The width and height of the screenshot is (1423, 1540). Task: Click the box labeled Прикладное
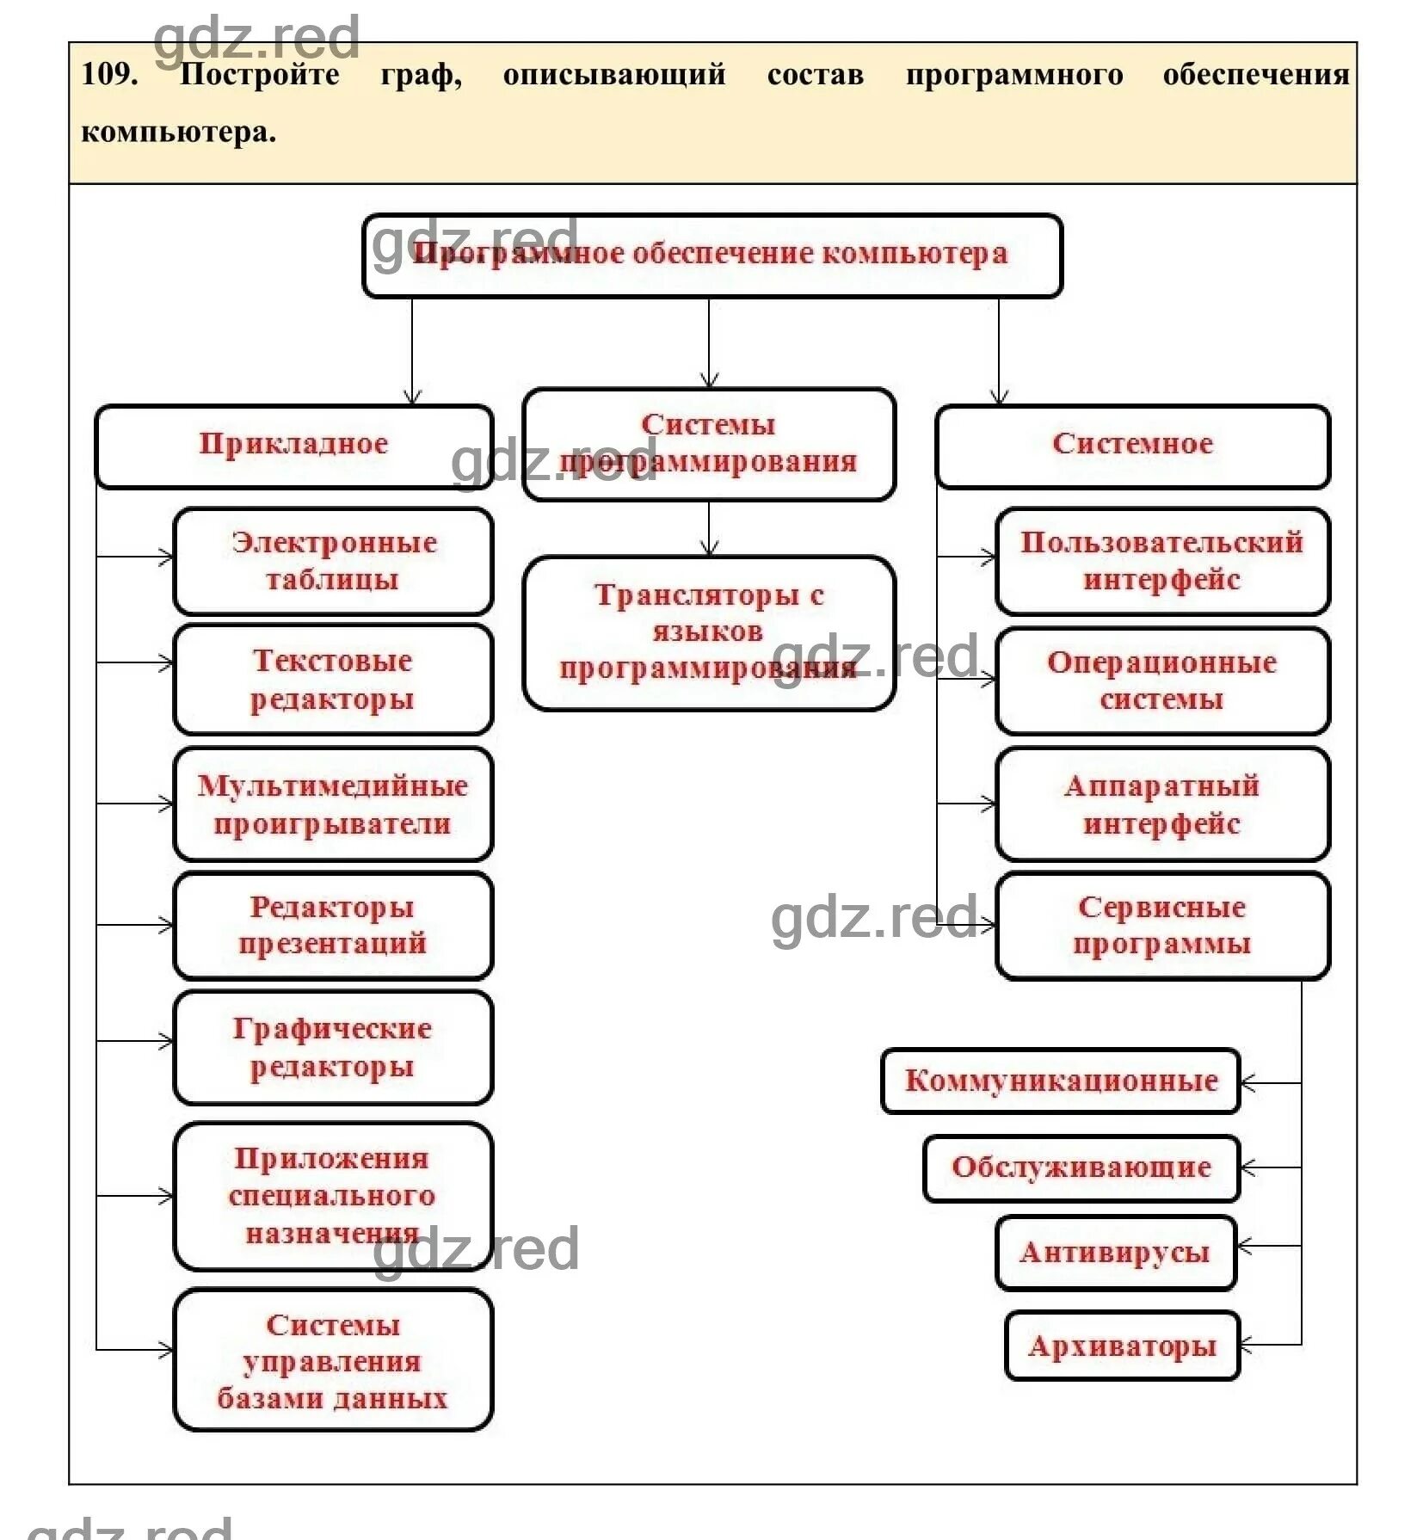pyautogui.click(x=293, y=446)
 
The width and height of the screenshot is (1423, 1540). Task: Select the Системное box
pyautogui.click(x=1132, y=446)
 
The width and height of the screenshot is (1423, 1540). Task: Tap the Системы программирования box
pyautogui.click(x=708, y=444)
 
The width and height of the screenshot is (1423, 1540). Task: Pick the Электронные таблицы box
pyautogui.click(x=333, y=561)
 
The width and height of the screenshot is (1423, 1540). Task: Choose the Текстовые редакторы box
pyautogui.click(x=333, y=679)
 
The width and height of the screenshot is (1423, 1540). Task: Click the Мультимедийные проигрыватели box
pyautogui.click(x=333, y=804)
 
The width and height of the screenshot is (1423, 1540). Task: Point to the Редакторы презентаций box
pyautogui.click(x=333, y=925)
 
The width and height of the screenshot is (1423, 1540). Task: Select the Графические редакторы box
pyautogui.click(x=333, y=1047)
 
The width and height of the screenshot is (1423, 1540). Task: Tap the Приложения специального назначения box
pyautogui.click(x=333, y=1195)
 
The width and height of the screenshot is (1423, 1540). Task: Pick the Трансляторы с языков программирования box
pyautogui.click(x=708, y=632)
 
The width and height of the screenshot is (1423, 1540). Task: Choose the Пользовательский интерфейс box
pyautogui.click(x=1161, y=561)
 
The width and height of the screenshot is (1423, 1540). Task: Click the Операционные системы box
pyautogui.click(x=1161, y=681)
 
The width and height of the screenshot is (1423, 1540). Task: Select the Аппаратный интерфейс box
pyautogui.click(x=1161, y=804)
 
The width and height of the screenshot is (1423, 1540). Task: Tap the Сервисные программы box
pyautogui.click(x=1161, y=925)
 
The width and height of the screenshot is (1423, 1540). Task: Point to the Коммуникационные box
pyautogui.click(x=1060, y=1081)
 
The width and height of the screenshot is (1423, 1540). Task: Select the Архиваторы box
pyautogui.click(x=1122, y=1346)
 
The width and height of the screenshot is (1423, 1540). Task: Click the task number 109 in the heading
pyautogui.click(x=109, y=74)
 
